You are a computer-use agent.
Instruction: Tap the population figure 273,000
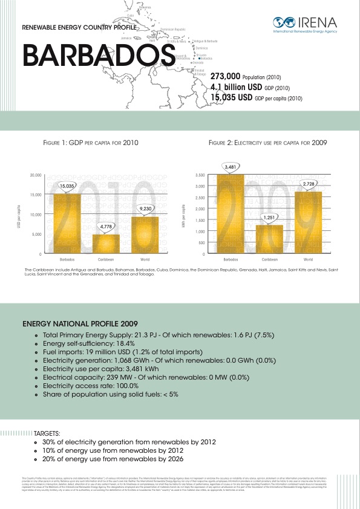coord(225,77)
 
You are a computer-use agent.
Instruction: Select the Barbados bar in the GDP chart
coord(67,223)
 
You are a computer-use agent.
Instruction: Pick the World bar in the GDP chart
coord(145,235)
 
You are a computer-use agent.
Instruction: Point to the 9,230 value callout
coord(145,209)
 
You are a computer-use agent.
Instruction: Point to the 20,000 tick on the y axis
coord(35,175)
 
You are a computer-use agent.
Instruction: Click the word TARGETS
coord(48,433)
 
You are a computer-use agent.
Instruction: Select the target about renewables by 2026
coord(121,459)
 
